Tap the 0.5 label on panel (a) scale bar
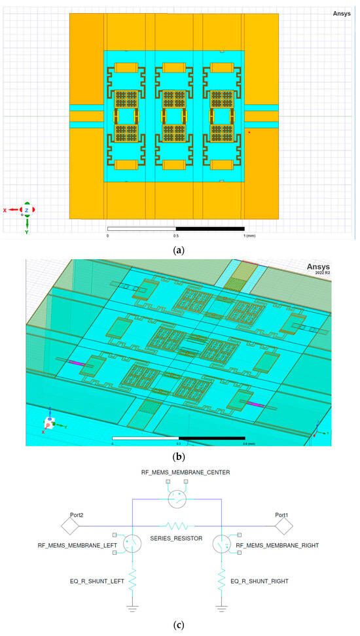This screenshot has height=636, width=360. click(176, 235)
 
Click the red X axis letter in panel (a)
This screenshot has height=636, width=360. click(5, 210)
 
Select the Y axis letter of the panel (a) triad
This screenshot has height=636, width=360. click(26, 232)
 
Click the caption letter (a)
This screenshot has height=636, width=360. click(179, 249)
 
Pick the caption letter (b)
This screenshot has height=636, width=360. click(179, 457)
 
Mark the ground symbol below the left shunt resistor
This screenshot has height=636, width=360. click(133, 607)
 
